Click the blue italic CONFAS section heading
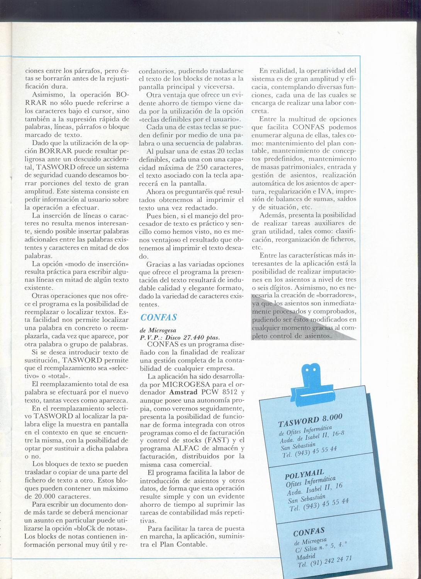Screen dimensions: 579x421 158,317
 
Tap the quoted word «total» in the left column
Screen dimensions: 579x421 58,376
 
